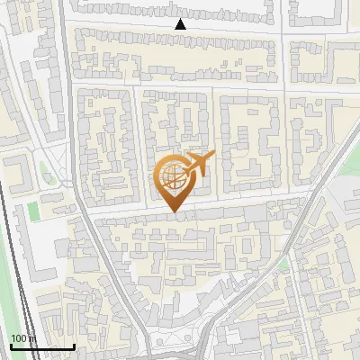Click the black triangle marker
click(180, 24)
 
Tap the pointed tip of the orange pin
click(175, 211)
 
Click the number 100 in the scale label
click(19, 338)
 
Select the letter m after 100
click(32, 339)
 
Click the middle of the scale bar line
click(41, 347)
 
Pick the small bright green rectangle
click(34, 211)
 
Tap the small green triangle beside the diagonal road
click(284, 264)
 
